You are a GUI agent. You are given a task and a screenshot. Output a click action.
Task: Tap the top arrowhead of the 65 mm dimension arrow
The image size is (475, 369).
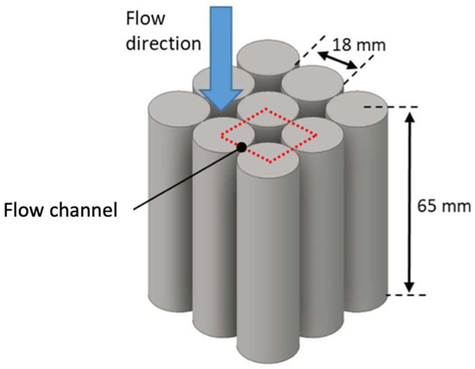(408, 113)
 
